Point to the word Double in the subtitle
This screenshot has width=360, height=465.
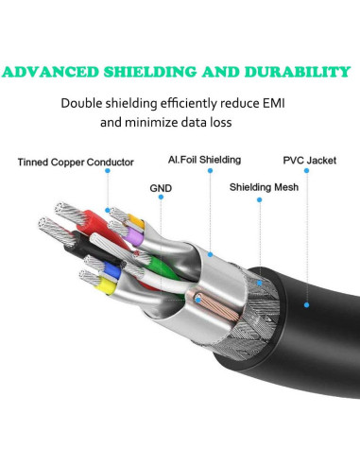[83, 103]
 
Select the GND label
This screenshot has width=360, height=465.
[161, 188]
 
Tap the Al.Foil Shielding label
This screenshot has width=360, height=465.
[204, 161]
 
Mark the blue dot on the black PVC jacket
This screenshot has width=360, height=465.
[306, 304]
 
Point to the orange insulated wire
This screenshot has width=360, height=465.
[135, 224]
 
